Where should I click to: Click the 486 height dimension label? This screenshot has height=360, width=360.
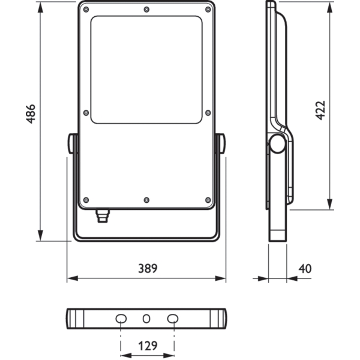coord(31,114)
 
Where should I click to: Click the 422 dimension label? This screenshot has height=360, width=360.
coord(320,110)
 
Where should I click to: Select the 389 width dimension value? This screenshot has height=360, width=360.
coord(148,268)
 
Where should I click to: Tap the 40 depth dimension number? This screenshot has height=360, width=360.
coord(305,268)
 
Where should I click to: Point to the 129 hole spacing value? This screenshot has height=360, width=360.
coord(148,346)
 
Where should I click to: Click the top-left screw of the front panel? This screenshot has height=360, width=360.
coord(86,10)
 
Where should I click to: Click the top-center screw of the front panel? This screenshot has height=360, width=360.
coord(146,10)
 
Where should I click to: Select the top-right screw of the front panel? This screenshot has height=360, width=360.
coord(208,10)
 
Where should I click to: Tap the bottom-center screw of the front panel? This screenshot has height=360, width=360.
coord(146,200)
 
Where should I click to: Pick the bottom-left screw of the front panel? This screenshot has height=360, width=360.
coord(86,200)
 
